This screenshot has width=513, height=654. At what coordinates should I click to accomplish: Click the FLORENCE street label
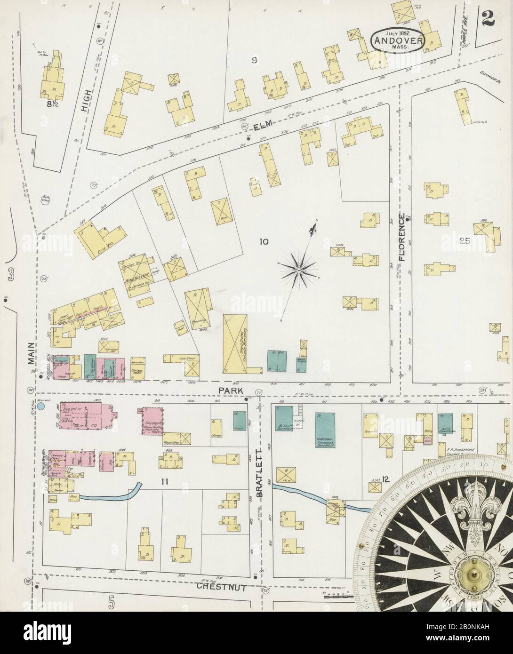(401, 238)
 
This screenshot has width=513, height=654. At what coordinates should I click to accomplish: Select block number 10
(263, 242)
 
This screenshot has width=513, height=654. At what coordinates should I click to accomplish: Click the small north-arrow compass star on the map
(299, 271)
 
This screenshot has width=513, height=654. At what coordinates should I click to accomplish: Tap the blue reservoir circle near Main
(41, 406)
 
